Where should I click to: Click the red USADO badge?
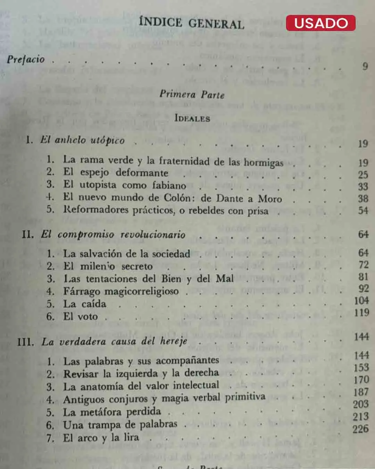tap(320, 23)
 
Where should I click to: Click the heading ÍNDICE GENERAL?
tap(191, 23)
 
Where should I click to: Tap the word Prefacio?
tap(26, 59)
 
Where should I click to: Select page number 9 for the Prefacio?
tap(365, 66)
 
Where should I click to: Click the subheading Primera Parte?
tap(192, 94)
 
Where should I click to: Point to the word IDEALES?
tap(192, 118)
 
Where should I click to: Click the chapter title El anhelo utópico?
tap(82, 140)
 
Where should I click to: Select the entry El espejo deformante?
tap(116, 172)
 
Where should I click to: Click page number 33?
tap(363, 187)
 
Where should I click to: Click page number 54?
tap(363, 210)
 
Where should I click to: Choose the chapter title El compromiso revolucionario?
tap(113, 234)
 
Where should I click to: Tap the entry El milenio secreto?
tap(108, 266)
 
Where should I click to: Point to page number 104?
tap(361, 301)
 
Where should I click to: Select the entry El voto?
tap(81, 316)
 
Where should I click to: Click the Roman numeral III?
tap(25, 342)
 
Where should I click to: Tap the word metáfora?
tap(102, 412)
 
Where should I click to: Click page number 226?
tap(360, 429)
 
